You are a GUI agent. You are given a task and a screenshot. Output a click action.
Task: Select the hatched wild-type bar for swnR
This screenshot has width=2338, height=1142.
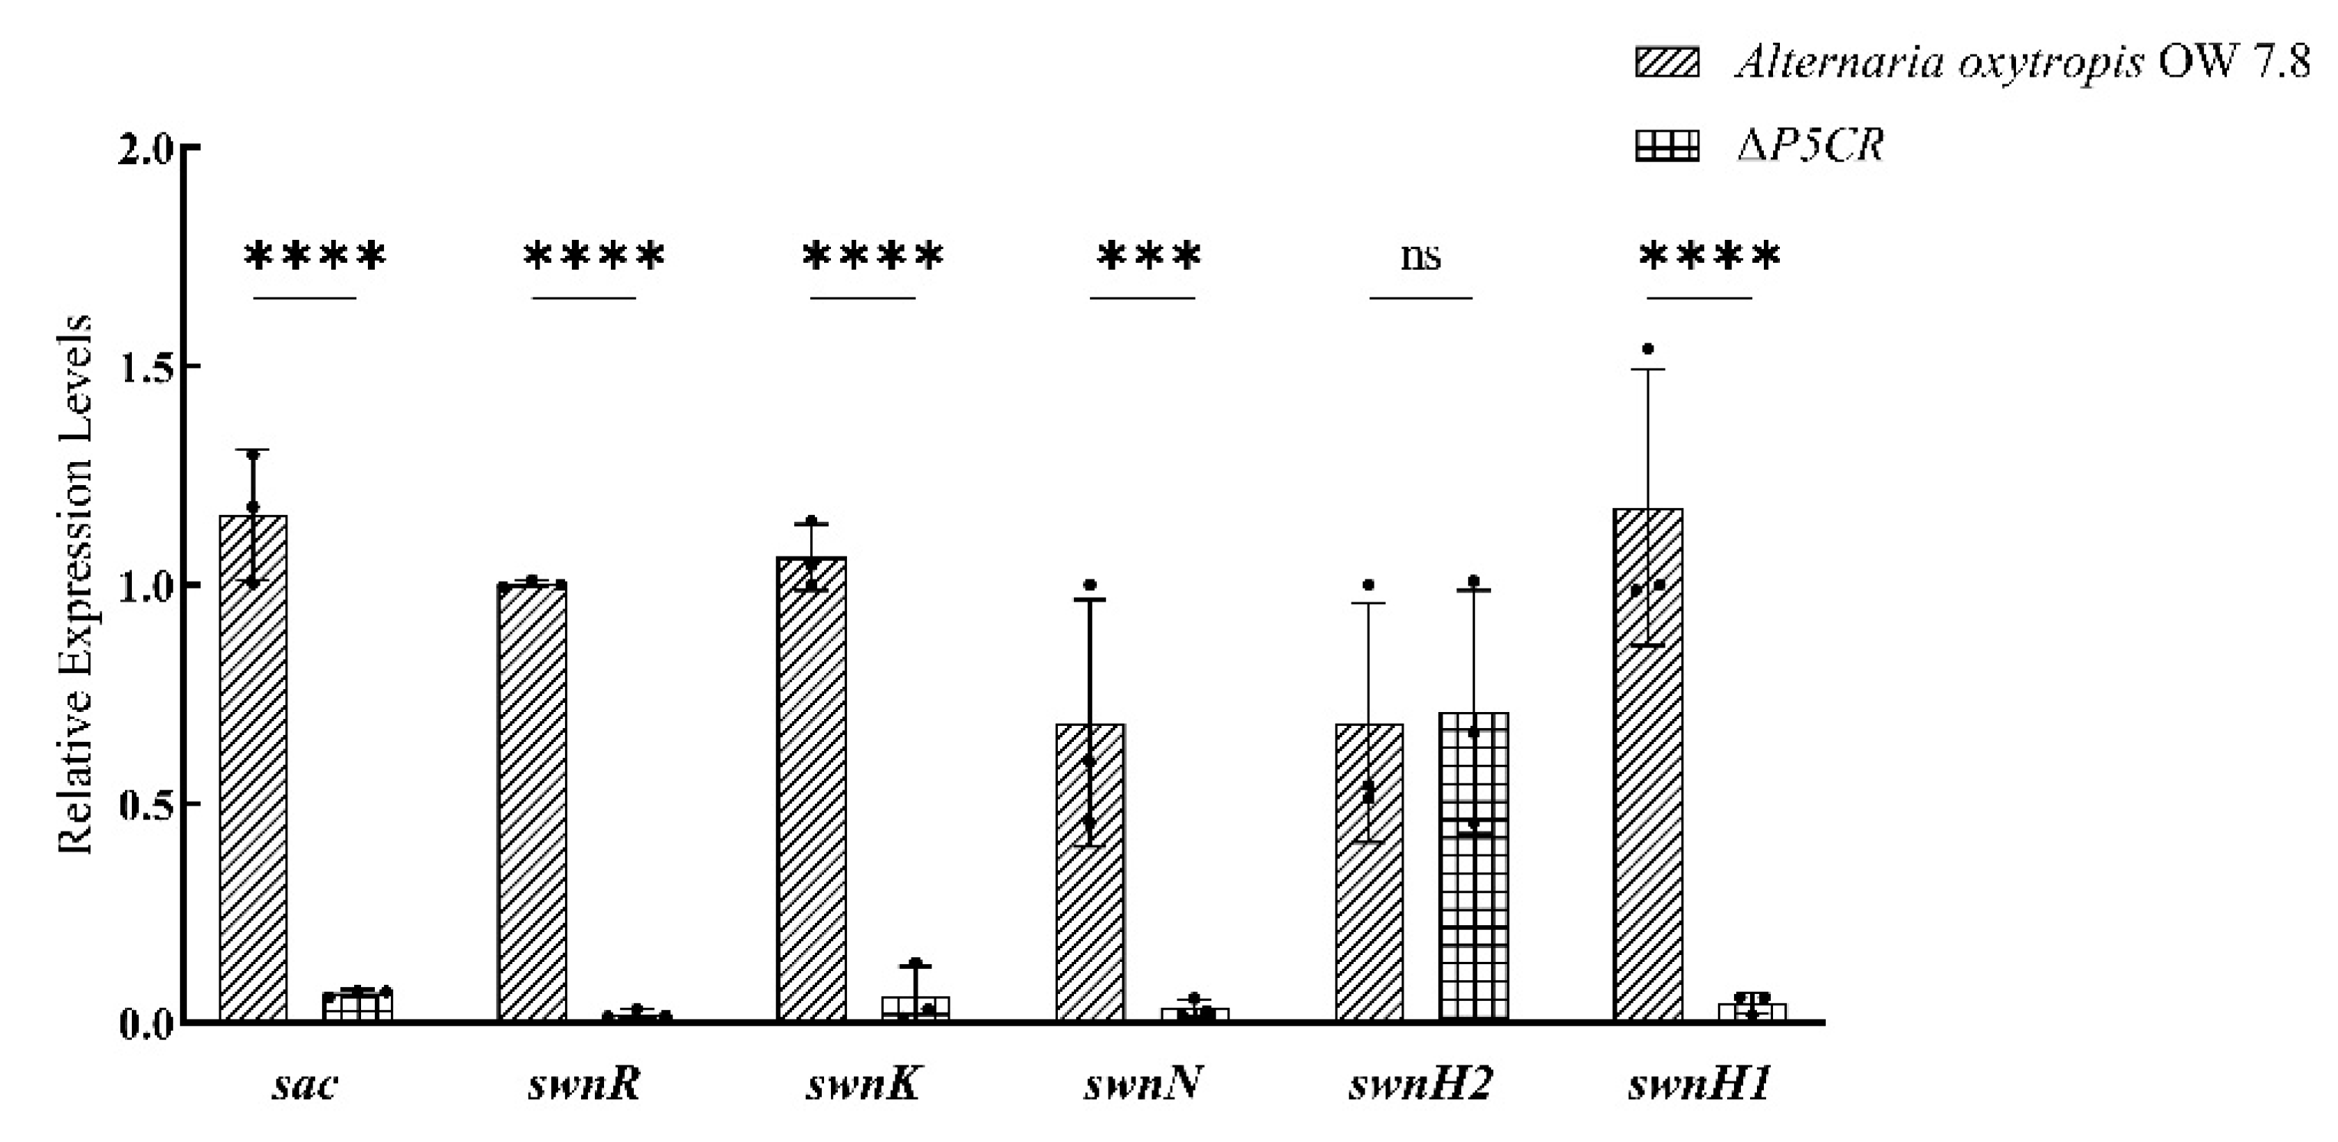[532, 802]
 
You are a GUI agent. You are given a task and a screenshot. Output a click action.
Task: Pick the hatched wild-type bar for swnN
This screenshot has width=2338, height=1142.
[1090, 871]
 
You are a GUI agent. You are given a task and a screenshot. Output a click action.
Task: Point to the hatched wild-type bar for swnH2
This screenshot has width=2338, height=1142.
[1368, 871]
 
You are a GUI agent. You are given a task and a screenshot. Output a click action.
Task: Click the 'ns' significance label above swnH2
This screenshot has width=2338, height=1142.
[1420, 257]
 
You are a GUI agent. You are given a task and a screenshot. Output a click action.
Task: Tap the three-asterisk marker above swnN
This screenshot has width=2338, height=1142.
[1148, 257]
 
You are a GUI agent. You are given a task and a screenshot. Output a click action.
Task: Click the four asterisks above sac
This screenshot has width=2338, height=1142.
[314, 257]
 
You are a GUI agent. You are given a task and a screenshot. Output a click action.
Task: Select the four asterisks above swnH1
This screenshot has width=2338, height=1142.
[1709, 257]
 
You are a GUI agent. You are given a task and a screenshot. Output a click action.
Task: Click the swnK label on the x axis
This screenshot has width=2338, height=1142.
[864, 1084]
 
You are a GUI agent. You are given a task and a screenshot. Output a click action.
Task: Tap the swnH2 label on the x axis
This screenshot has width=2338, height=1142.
[1420, 1084]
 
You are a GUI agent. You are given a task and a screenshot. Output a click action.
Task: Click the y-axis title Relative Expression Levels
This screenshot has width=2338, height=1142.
[74, 585]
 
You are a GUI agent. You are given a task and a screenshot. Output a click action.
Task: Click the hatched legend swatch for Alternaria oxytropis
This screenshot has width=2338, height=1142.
[1667, 63]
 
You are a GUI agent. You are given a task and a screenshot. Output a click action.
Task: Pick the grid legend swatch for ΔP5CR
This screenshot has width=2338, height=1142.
[1667, 146]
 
